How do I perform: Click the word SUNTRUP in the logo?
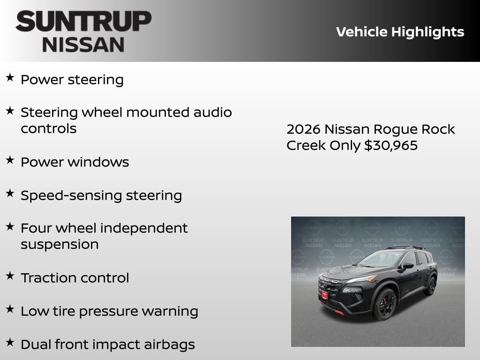[83, 22]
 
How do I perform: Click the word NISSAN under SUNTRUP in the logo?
[83, 45]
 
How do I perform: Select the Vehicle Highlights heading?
[400, 32]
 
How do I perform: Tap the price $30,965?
[391, 145]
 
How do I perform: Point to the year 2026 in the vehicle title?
[303, 129]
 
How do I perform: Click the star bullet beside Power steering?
[10, 78]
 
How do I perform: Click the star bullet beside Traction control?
[10, 276]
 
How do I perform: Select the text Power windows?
[75, 162]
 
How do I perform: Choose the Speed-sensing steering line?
[101, 195]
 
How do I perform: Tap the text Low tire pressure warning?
[109, 311]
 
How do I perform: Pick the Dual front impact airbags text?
[107, 345]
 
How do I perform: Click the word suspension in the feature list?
[60, 245]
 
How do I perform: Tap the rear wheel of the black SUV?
[430, 286]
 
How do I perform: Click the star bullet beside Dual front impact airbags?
[10, 343]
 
